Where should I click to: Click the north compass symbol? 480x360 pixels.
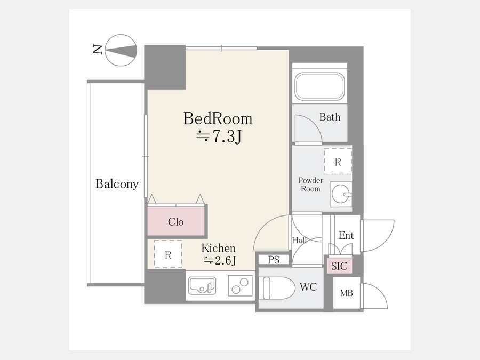[x=121, y=50]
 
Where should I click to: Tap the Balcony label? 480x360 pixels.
[x=117, y=183]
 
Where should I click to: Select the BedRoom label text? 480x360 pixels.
[x=218, y=118]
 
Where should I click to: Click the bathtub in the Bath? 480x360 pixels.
[x=319, y=86]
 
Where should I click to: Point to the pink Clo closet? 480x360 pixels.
[x=176, y=221]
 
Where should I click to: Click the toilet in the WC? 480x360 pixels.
[x=277, y=288]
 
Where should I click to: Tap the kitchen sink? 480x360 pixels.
[x=202, y=286]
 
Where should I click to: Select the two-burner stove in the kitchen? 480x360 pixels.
[x=241, y=286]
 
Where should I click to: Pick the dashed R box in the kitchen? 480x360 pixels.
[x=168, y=254]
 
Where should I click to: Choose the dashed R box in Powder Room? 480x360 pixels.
[x=338, y=161]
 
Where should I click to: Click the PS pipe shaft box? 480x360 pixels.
[x=274, y=260]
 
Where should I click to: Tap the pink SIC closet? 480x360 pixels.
[x=339, y=266]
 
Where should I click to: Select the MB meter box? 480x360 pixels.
[x=347, y=293]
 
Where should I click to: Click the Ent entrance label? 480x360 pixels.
[x=346, y=235]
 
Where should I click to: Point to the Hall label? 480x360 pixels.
[x=299, y=241]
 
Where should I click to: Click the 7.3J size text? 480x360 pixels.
[x=219, y=137]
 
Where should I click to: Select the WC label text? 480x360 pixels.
[x=308, y=287]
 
